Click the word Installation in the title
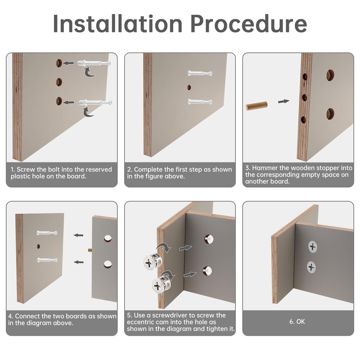coord(117,24)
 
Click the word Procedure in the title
coord(249,24)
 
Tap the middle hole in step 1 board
coord(59,82)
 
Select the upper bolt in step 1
coord(94,63)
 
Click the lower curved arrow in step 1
coord(88,112)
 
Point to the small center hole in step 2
coord(189,87)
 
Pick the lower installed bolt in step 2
coord(200,101)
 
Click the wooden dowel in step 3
coord(256,106)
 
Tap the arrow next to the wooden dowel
coord(283,101)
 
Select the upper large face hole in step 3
coord(330,75)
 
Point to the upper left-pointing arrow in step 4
coord(78,235)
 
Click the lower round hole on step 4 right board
coord(108,264)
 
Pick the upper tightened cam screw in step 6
coord(312,247)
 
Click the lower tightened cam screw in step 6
coord(311,267)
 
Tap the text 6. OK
coord(297,321)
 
